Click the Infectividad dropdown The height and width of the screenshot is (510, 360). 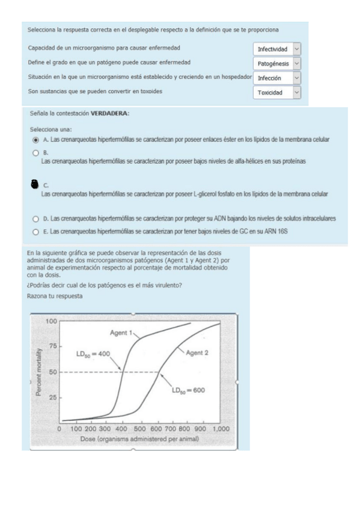point(277,49)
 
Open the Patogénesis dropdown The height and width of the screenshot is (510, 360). point(277,63)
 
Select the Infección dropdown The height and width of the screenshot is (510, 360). point(277,78)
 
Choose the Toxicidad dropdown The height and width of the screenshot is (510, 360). point(277,93)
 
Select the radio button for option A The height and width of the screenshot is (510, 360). point(36,140)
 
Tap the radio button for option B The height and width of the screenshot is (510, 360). point(36,153)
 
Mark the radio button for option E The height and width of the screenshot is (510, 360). point(36,231)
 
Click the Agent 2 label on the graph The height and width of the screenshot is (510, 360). point(197,352)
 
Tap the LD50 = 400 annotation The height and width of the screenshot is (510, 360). point(93,355)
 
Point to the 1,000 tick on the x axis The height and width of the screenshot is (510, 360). point(221,429)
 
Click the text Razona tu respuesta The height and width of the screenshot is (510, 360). point(53,297)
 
